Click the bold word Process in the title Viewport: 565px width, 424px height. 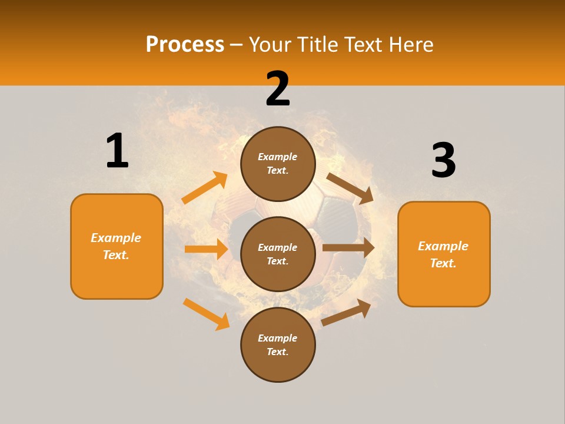(x=185, y=45)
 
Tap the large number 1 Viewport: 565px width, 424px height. (x=117, y=151)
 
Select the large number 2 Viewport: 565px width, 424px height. (x=278, y=89)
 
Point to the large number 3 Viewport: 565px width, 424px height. (x=443, y=160)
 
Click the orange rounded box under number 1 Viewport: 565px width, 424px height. (x=117, y=246)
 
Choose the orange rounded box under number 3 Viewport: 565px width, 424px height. (x=444, y=254)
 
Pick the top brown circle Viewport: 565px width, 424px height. (x=278, y=164)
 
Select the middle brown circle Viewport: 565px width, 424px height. (x=278, y=254)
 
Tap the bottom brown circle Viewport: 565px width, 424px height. (x=278, y=344)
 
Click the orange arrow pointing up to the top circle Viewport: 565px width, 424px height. (x=205, y=188)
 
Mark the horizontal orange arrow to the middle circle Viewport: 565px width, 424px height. (x=206, y=249)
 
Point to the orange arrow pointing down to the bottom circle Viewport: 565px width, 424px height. (x=206, y=314)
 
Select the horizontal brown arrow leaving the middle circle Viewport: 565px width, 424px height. (x=348, y=248)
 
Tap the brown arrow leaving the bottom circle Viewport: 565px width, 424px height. (x=347, y=312)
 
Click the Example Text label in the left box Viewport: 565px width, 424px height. (x=117, y=246)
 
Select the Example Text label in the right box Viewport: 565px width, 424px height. (x=444, y=254)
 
